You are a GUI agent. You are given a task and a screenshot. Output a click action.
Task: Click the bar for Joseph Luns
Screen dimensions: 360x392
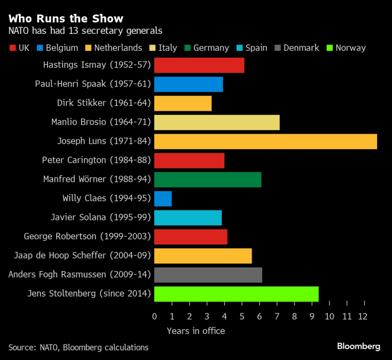click(265, 142)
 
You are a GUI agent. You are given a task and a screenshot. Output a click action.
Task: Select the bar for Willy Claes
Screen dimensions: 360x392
click(163, 199)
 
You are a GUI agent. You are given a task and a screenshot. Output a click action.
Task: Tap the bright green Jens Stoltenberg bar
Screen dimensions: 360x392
click(236, 294)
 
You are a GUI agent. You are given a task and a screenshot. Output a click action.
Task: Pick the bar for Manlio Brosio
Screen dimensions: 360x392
click(217, 122)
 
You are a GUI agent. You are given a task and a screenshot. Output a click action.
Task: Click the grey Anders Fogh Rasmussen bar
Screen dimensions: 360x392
click(208, 275)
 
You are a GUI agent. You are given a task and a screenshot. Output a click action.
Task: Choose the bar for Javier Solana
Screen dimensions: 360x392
click(188, 218)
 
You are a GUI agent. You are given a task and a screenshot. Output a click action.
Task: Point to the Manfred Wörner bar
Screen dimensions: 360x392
click(207, 180)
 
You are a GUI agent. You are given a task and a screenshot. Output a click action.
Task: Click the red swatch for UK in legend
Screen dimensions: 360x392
click(12, 48)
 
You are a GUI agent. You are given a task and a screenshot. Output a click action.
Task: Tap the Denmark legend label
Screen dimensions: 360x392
click(301, 48)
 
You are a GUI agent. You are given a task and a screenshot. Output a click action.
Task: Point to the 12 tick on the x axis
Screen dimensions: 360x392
click(364, 317)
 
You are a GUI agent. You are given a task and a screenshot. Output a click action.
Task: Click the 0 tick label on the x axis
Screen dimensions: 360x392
click(154, 317)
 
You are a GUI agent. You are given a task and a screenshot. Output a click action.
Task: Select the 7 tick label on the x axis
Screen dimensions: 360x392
click(277, 317)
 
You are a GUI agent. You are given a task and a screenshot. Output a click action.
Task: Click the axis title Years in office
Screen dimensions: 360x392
click(195, 331)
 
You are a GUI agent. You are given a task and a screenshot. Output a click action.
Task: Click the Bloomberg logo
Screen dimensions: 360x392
click(359, 346)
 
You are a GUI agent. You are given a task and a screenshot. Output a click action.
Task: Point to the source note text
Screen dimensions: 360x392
click(78, 347)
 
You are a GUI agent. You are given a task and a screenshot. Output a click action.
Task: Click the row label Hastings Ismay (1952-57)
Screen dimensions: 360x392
click(97, 65)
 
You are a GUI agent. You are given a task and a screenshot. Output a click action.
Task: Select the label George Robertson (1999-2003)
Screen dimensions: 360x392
click(87, 237)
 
